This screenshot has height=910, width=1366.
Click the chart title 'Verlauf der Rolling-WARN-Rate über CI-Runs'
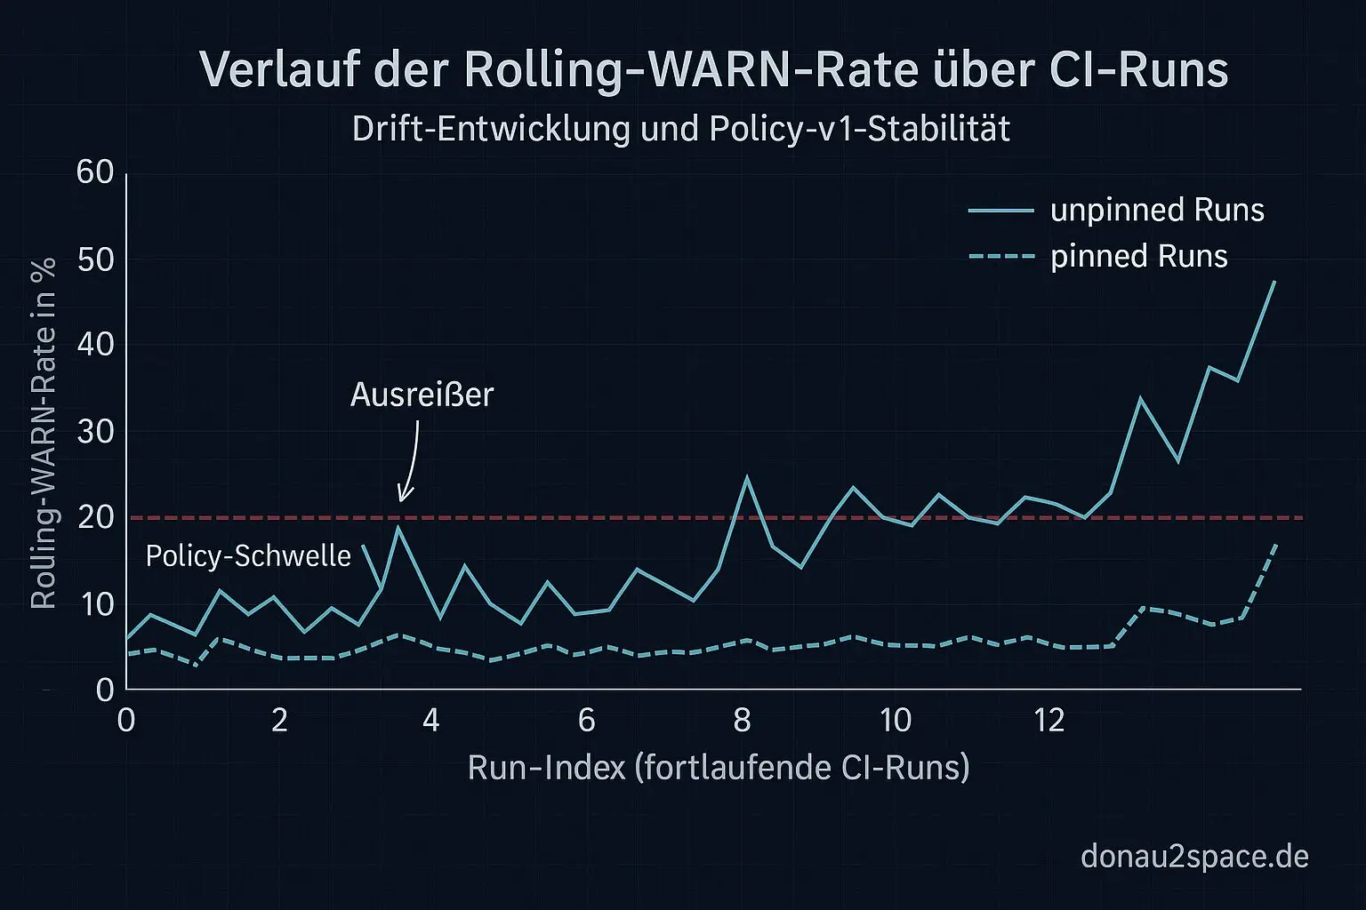point(713,69)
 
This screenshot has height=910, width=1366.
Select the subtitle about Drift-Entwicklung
point(681,130)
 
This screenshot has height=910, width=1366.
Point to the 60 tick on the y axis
point(96,172)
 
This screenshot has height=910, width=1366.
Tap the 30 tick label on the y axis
point(96,432)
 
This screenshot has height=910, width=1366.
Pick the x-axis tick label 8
point(742,720)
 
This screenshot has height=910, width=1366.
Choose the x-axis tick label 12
point(1049,720)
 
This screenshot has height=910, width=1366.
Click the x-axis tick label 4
point(431,720)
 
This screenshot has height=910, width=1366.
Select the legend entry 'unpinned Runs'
point(1157,211)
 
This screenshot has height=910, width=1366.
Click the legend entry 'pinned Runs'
point(1138,257)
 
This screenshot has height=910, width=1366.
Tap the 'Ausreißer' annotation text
point(422,395)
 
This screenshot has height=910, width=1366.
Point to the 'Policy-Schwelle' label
point(248,556)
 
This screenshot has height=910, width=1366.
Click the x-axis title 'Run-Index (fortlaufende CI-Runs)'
point(719,767)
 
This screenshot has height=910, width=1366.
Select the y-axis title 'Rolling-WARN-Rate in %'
point(44,433)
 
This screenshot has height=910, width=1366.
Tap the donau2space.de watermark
point(1194,857)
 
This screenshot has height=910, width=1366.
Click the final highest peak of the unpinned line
point(1274,282)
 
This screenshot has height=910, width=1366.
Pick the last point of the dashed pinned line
point(1277,544)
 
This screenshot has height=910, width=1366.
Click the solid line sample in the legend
point(1001,211)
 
